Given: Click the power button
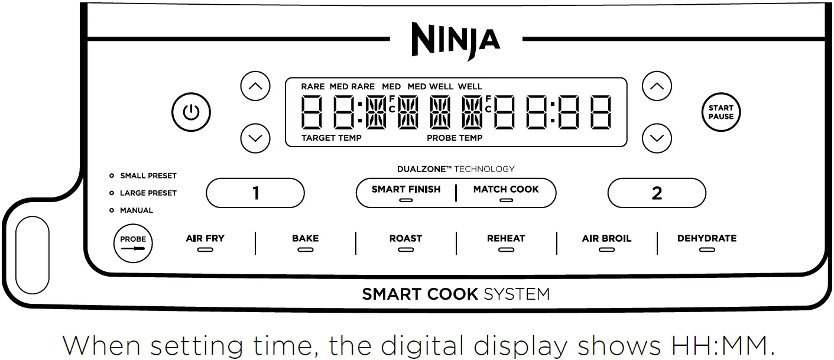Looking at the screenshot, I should click(x=191, y=112).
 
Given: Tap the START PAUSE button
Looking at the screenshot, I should click(x=721, y=112).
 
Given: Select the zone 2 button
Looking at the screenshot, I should click(x=657, y=193).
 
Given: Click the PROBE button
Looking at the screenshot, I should click(x=133, y=242).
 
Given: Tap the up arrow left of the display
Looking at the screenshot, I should click(x=255, y=87).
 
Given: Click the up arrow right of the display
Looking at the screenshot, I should click(x=657, y=87).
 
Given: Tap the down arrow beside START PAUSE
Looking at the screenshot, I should click(x=657, y=138).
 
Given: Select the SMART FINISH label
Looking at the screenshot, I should click(x=405, y=189).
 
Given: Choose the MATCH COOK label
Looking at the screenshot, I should click(x=506, y=189).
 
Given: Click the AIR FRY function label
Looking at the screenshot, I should click(x=205, y=238).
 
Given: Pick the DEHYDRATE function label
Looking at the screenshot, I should click(x=707, y=238).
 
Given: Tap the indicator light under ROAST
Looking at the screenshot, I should click(x=405, y=250).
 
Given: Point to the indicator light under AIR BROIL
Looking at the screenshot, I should click(x=606, y=250).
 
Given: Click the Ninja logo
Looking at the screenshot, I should click(x=456, y=40).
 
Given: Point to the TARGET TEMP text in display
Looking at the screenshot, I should click(x=331, y=138).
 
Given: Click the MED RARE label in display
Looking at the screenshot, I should click(x=352, y=86).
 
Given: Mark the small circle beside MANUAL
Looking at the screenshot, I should click(x=112, y=210).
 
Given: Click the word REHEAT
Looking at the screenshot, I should click(x=506, y=238).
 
